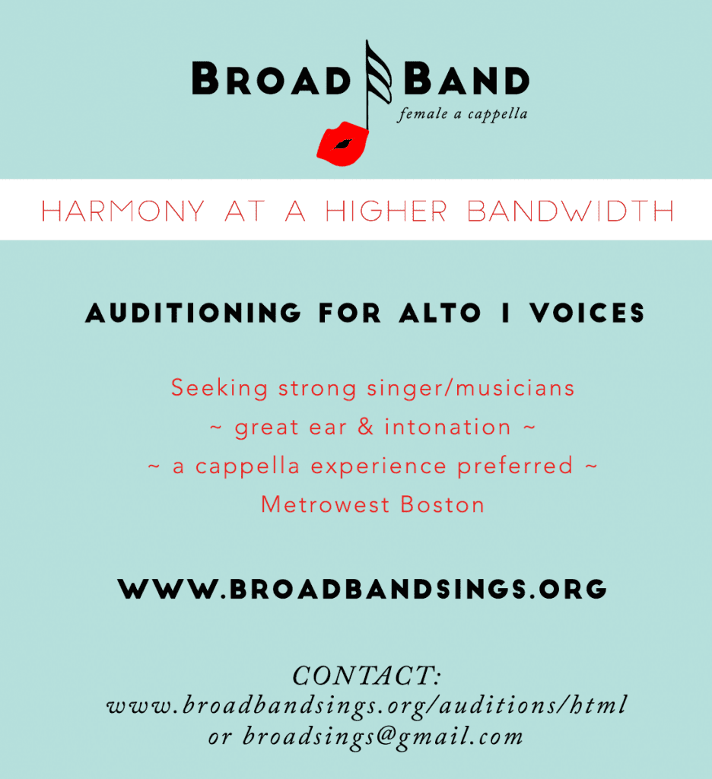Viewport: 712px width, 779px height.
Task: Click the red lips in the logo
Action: click(x=342, y=143)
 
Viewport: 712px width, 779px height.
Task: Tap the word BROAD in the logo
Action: click(x=272, y=78)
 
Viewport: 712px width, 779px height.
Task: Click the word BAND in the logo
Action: click(x=466, y=78)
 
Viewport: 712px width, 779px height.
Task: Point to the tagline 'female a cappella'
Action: click(x=462, y=115)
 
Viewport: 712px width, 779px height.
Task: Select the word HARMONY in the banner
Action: click(x=122, y=211)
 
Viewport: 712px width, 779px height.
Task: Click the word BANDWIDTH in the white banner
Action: click(x=571, y=211)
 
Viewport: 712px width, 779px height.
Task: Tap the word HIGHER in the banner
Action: click(x=386, y=211)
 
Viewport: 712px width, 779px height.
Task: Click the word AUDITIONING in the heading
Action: click(x=193, y=313)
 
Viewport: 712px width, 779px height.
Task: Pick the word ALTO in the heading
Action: click(x=440, y=313)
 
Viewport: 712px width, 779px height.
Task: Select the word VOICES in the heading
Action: click(x=586, y=313)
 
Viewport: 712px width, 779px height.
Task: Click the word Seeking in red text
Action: click(x=220, y=388)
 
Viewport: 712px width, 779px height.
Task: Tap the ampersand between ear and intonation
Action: click(x=366, y=427)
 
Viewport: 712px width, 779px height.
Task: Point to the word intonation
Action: click(x=448, y=427)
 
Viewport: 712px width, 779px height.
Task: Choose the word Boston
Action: click(x=442, y=505)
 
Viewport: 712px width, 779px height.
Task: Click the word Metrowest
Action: click(x=326, y=505)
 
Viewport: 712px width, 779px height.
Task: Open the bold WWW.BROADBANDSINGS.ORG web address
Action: click(x=362, y=590)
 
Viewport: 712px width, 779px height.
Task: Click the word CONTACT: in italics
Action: click(x=367, y=676)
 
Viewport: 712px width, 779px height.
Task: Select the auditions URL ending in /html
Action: click(x=367, y=705)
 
